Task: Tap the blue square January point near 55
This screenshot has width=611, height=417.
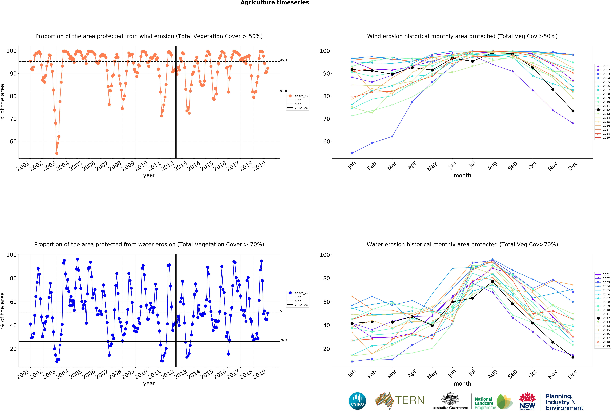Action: [x=352, y=153]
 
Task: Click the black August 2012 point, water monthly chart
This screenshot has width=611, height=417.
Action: [x=492, y=281]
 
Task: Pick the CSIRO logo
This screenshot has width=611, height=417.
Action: [x=357, y=401]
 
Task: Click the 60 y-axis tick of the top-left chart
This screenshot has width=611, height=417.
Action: [x=13, y=142]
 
